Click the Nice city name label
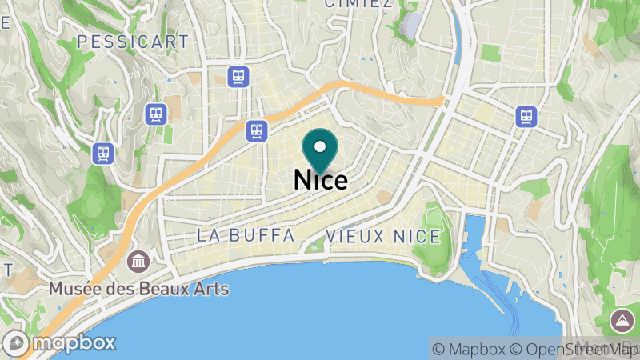[321, 179]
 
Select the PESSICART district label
[133, 41]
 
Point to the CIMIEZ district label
[358, 4]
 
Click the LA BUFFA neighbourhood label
[246, 236]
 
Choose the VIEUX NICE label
[383, 237]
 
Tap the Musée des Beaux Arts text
[138, 289]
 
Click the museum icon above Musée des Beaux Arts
[138, 261]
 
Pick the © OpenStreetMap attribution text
[572, 349]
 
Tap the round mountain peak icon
[622, 321]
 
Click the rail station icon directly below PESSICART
[156, 114]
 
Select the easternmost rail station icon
[526, 116]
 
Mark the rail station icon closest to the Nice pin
[256, 130]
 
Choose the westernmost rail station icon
[103, 153]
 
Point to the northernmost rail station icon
[238, 77]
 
